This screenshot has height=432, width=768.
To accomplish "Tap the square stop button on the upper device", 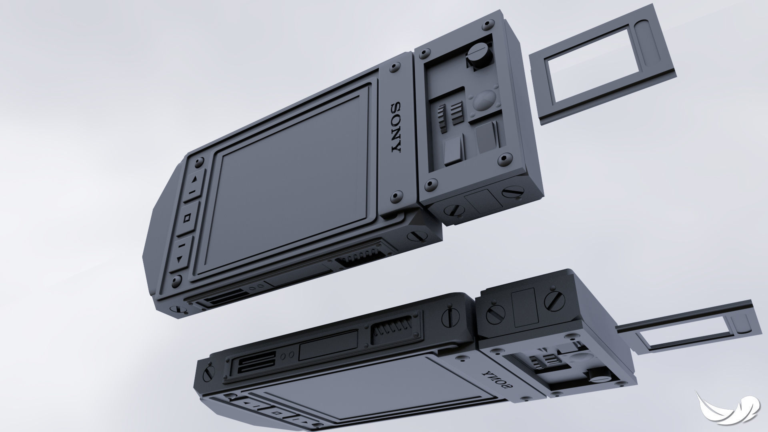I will click(187, 218).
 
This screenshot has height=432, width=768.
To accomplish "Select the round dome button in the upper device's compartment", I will click(484, 100).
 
